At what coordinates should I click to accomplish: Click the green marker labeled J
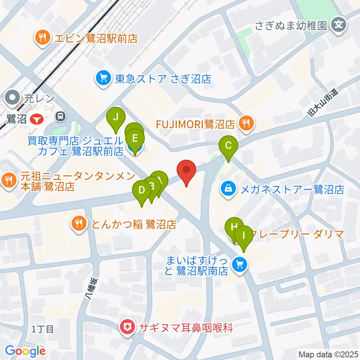116,117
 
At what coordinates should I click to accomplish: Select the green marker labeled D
142,190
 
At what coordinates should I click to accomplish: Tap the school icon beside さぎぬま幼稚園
339,25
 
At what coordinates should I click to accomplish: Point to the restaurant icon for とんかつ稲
78,224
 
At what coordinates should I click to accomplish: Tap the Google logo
25,351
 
